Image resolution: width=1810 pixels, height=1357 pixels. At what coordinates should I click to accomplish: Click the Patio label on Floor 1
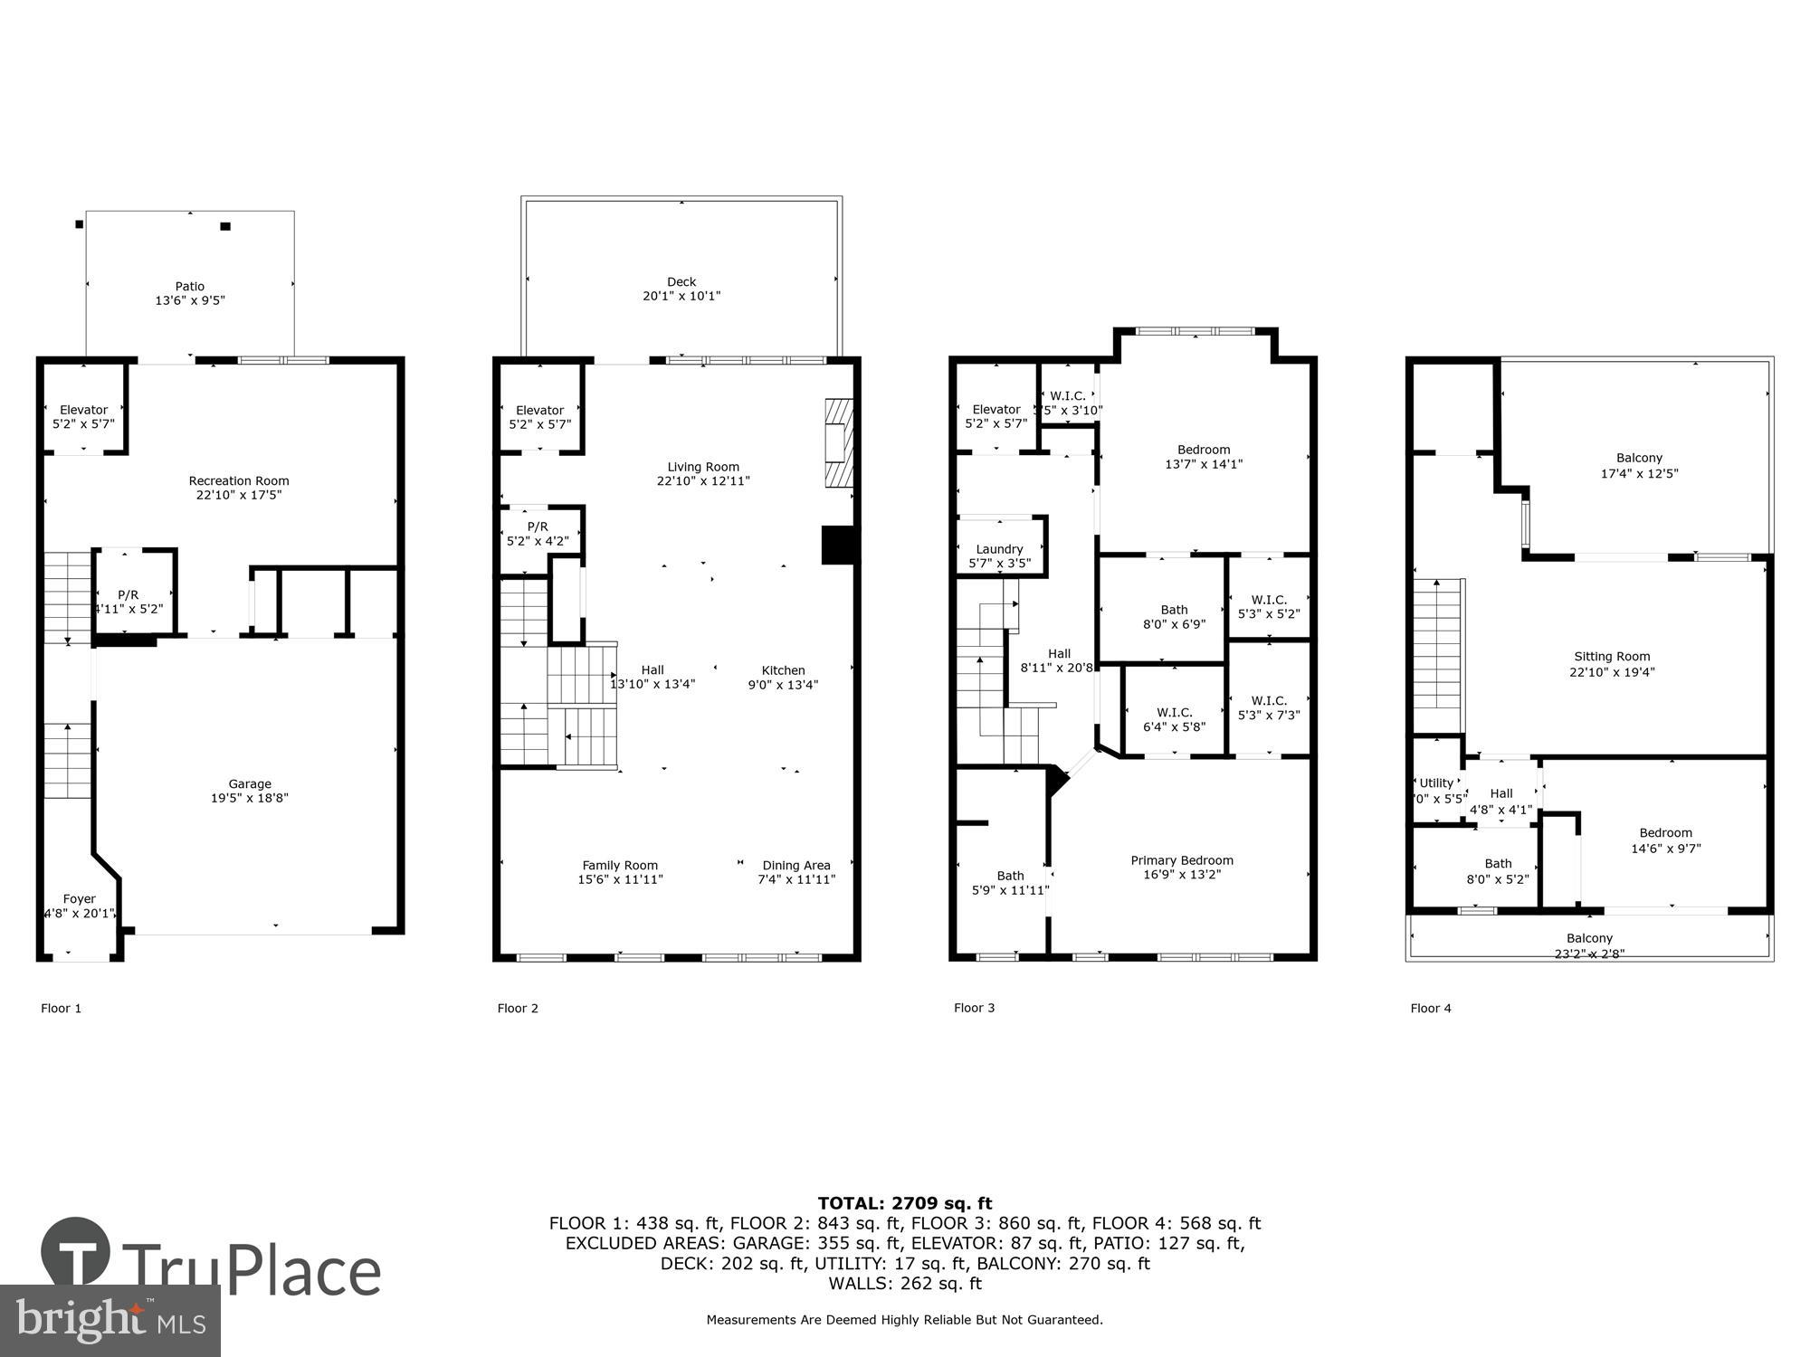coord(190,287)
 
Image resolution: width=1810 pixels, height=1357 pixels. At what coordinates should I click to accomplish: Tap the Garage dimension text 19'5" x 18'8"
coord(250,798)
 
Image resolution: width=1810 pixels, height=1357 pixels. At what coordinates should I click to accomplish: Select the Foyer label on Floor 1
coord(80,898)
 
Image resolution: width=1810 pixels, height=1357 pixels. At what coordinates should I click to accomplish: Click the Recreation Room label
coord(239,480)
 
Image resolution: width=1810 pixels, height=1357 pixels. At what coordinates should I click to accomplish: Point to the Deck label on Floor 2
coord(681,281)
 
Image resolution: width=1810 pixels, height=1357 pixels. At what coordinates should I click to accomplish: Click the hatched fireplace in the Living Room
coord(839,443)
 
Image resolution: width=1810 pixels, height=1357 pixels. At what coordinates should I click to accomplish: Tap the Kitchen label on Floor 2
coord(783,670)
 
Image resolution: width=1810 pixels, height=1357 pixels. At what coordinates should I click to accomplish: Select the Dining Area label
coord(796,865)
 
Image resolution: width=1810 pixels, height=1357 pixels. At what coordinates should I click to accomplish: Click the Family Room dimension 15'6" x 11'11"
coord(621,879)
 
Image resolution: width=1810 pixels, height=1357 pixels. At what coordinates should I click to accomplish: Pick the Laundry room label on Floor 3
coord(999,549)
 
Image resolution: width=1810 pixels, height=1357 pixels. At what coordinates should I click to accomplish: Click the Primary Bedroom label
coord(1182,860)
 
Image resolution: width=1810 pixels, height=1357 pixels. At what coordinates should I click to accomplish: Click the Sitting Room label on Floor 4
coord(1612,657)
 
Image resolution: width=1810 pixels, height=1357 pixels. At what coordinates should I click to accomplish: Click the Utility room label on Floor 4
coord(1436,783)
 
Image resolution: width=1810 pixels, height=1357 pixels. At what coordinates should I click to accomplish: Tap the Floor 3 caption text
coord(974,1008)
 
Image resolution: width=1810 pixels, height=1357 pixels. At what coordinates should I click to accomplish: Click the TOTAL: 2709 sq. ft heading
coord(905,1203)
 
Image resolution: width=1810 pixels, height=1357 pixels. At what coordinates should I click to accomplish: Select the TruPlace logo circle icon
coord(76,1252)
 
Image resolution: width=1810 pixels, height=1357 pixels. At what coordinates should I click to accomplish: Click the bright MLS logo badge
coord(110,1321)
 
